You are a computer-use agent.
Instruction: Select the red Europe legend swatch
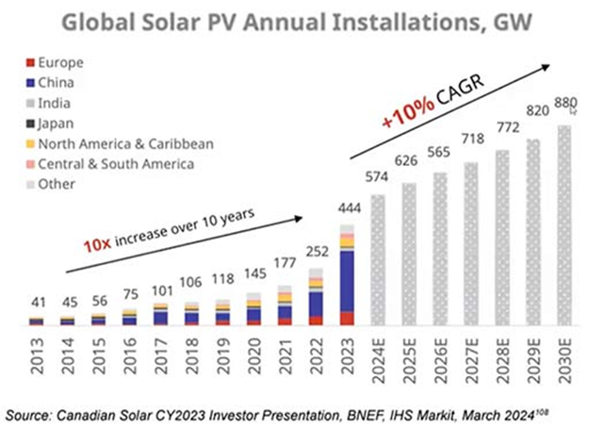(x=32, y=63)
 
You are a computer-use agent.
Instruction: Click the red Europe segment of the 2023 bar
(x=346, y=319)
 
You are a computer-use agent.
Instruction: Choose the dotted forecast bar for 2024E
(x=377, y=260)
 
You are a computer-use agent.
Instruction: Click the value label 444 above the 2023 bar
(x=347, y=207)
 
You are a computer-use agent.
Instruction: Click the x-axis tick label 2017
(x=160, y=355)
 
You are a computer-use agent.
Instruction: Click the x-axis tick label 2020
(x=253, y=355)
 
